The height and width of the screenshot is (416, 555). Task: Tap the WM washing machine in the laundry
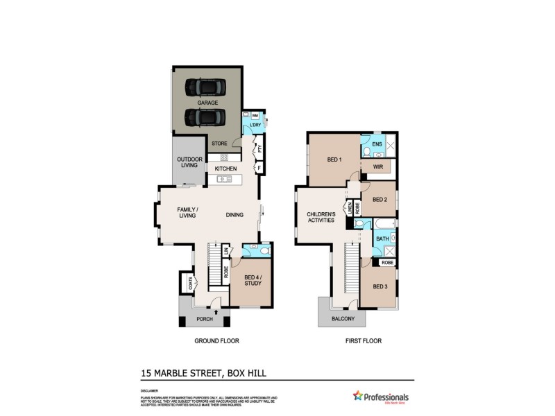255,115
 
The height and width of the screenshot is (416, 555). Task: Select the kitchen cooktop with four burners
224,157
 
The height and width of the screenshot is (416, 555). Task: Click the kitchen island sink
224,180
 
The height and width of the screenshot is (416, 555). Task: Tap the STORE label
219,144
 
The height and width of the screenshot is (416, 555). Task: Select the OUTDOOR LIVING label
189,162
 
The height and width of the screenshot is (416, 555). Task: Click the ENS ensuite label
377,144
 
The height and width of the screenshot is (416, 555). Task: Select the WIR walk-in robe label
378,167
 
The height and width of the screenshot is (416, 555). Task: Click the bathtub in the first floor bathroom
384,223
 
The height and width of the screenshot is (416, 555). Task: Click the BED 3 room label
379,287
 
